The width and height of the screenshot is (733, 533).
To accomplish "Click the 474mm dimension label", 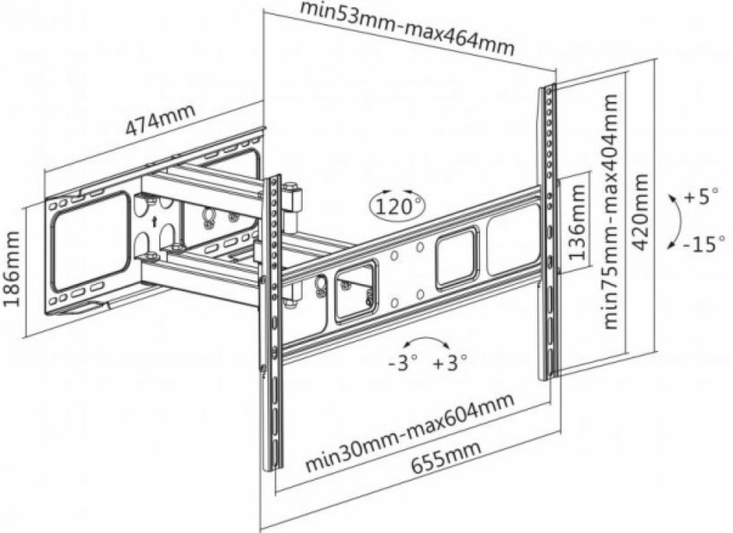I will [161, 120].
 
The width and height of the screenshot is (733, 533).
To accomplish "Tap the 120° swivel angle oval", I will [397, 206].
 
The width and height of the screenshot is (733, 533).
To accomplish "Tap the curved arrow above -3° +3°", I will [427, 343].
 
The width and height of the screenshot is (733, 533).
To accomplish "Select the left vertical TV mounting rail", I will [273, 322].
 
